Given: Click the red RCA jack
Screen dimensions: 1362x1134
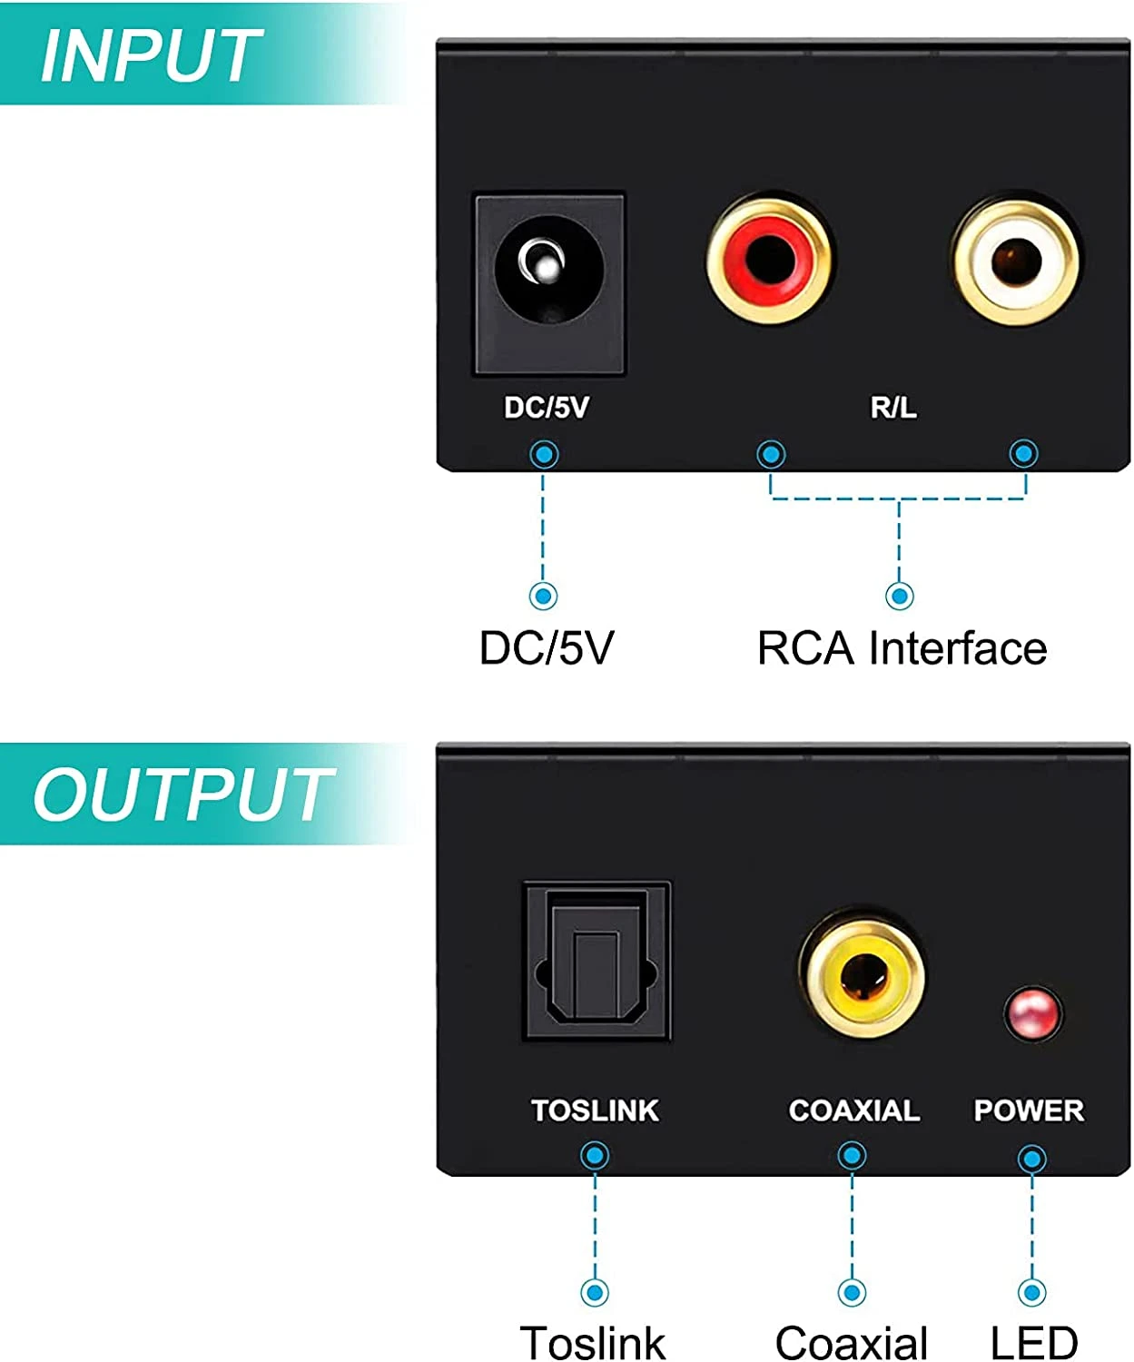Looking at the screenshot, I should coord(769,260).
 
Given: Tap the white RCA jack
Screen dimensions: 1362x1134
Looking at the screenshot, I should coord(1016,262).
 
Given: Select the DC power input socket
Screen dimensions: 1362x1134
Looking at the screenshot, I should coord(549,281).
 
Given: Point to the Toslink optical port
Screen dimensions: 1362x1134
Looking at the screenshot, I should coord(597,960).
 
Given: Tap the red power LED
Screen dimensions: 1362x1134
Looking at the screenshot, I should coord(1032,1012).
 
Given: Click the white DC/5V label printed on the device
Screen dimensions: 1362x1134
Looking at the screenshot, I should coord(547,408).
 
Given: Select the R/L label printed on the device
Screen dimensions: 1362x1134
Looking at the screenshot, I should coord(893,408).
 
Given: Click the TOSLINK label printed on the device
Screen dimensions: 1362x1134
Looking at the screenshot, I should coord(595,1110).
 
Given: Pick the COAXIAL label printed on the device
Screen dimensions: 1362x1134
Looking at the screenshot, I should coord(853,1110).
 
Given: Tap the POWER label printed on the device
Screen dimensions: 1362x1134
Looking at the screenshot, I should coord(1029,1110).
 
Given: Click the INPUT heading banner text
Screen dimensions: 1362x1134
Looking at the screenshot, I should coord(151,56).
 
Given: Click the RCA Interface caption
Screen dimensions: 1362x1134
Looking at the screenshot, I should coord(902,648).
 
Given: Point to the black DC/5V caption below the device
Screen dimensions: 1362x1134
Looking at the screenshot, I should coord(547,648).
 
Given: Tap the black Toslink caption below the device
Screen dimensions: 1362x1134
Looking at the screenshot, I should coord(593,1342).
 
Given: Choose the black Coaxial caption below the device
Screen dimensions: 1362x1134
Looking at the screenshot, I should coord(852,1342).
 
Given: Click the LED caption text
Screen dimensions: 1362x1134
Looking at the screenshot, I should coord(1033,1342).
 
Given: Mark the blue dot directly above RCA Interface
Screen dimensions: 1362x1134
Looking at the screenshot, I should coord(900,596).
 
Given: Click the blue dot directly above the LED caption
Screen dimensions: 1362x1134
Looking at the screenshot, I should coord(1032,1291).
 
